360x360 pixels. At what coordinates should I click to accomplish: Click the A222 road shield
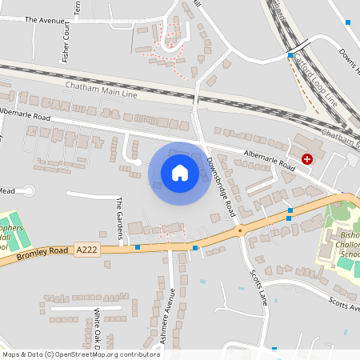pyautogui.click(x=86, y=251)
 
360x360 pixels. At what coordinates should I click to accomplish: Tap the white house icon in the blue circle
pyautogui.click(x=180, y=172)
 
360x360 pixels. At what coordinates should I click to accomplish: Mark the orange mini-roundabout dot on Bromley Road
pyautogui.click(x=239, y=230)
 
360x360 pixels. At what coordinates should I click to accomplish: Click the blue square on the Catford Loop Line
pyautogui.click(x=290, y=54)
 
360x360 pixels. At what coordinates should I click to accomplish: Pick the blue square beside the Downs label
pyautogui.click(x=347, y=22)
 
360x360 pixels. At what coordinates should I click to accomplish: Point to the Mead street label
pyautogui.click(x=7, y=191)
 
